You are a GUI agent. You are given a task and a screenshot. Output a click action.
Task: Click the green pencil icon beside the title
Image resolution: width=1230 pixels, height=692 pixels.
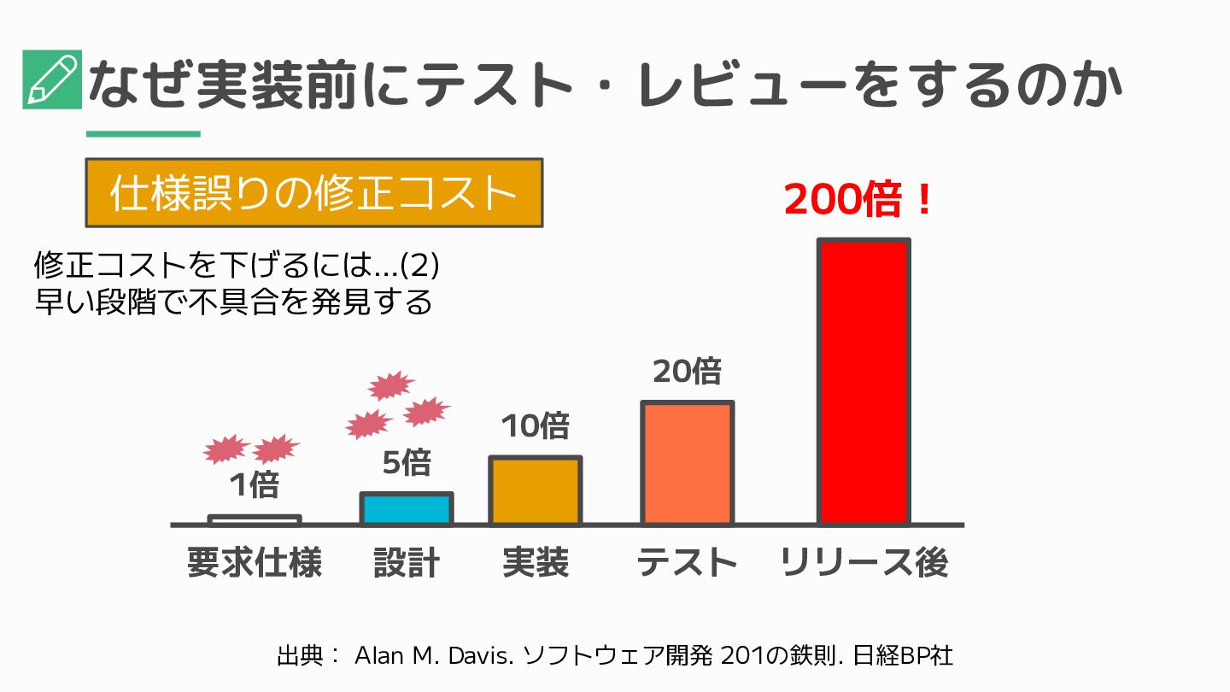pyautogui.click(x=52, y=79)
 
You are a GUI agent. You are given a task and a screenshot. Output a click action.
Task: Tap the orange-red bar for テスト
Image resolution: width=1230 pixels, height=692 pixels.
pyautogui.click(x=687, y=462)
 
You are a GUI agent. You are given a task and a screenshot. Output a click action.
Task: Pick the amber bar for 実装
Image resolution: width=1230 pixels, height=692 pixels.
pyautogui.click(x=535, y=490)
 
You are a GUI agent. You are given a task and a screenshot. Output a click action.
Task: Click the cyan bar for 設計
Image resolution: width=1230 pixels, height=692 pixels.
pyautogui.click(x=406, y=508)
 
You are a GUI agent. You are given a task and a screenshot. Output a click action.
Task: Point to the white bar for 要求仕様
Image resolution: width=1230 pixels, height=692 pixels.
pyautogui.click(x=255, y=519)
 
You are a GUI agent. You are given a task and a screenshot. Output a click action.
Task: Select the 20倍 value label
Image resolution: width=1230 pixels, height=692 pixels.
pyautogui.click(x=687, y=372)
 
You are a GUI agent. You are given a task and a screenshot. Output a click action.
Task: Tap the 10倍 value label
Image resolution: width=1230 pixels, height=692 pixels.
pyautogui.click(x=535, y=425)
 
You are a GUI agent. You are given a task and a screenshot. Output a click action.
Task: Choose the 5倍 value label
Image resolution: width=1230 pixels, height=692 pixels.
pyautogui.click(x=406, y=463)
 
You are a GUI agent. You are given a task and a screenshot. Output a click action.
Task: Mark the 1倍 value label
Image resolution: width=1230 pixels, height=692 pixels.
pyautogui.click(x=254, y=485)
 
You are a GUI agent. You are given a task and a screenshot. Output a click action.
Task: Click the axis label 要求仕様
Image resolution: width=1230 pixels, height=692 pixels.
pyautogui.click(x=254, y=563)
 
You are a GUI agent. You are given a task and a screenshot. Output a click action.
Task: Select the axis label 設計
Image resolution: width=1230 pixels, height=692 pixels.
pyautogui.click(x=406, y=563)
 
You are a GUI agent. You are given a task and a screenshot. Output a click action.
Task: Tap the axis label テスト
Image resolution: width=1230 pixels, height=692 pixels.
pyautogui.click(x=687, y=563)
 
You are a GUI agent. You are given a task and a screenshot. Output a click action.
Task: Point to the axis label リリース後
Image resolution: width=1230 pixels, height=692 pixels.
pyautogui.click(x=864, y=563)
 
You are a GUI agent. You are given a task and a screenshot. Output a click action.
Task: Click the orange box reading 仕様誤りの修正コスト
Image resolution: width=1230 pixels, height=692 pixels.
pyautogui.click(x=313, y=193)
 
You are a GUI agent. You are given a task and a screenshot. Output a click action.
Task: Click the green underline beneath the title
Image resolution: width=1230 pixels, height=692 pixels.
pyautogui.click(x=143, y=134)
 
